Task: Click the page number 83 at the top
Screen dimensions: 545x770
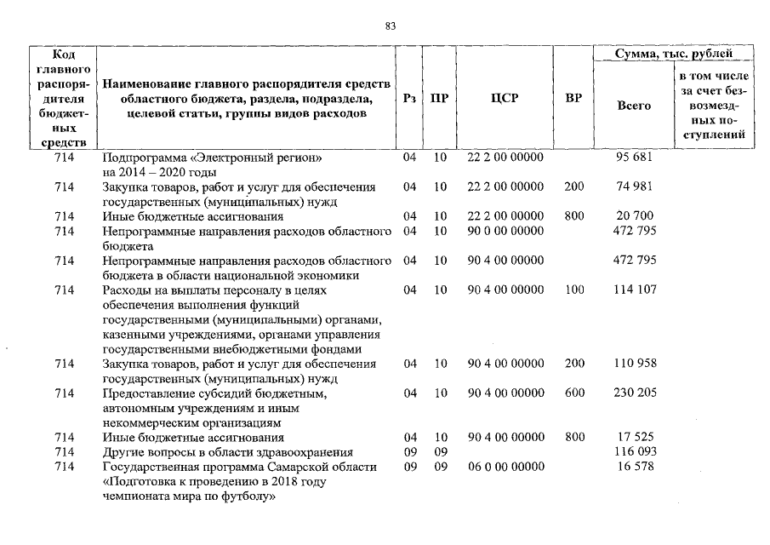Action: (391, 26)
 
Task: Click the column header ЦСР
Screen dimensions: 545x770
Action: (505, 98)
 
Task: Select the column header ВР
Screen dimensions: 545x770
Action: (573, 98)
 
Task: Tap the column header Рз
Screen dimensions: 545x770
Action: (409, 98)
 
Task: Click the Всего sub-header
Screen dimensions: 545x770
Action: (633, 106)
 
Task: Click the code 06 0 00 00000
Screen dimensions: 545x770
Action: (505, 467)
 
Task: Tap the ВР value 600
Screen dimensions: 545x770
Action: (574, 393)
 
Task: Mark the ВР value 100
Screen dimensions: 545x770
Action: (574, 290)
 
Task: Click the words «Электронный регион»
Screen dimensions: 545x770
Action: (275, 158)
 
